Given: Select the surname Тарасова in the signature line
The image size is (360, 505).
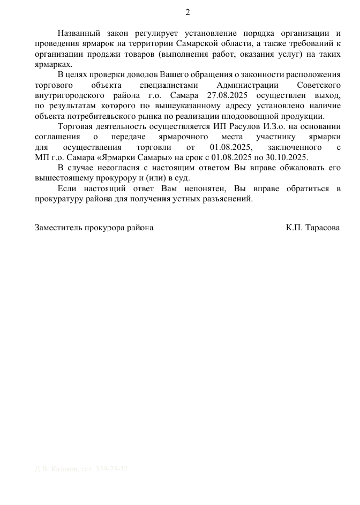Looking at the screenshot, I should tap(321, 228).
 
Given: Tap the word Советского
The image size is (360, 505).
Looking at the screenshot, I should tap(318, 85).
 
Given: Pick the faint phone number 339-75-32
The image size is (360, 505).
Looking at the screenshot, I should tap(111, 469).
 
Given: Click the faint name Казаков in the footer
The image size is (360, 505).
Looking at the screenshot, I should tap(63, 469).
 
